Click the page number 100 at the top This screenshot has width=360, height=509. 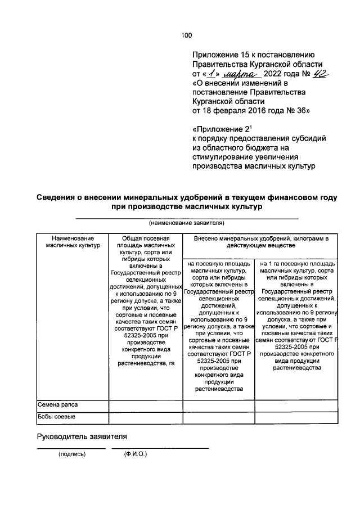point(186,35)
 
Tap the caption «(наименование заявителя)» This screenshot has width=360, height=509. point(186,223)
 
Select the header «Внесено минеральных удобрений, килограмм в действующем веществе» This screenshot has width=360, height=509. point(260,242)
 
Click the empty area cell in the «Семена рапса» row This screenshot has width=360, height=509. point(145,405)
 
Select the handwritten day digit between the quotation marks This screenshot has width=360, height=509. point(211,74)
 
